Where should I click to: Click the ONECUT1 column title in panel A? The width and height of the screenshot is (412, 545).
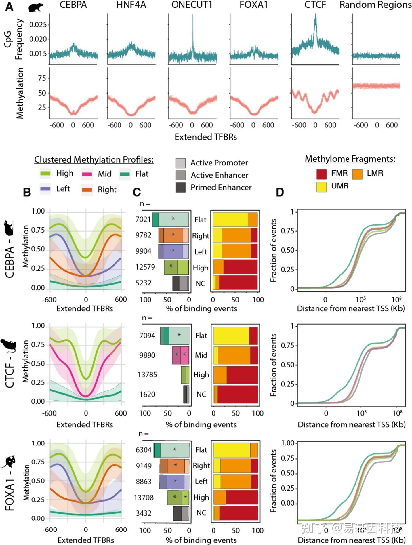point(192,5)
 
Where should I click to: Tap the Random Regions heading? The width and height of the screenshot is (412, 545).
point(375,5)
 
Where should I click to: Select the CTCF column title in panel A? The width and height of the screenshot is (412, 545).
point(315,5)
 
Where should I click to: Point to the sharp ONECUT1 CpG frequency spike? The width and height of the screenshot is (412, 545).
point(193,29)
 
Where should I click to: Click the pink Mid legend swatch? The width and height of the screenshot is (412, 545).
point(87,174)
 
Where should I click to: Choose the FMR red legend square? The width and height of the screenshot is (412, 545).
point(321,174)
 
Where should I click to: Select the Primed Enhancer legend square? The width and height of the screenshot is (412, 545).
point(180,188)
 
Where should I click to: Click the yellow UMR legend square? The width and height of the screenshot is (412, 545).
point(321,186)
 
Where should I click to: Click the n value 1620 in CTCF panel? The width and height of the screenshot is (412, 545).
point(147,394)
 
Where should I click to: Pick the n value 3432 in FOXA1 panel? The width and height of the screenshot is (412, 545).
point(143,513)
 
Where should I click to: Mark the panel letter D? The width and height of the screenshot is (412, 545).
point(280,192)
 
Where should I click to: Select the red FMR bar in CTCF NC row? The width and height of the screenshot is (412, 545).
point(237,394)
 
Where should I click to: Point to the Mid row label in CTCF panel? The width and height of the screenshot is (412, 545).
point(201,355)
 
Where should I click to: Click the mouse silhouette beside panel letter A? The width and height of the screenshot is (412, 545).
point(36,7)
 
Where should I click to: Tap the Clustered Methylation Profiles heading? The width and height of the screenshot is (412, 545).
point(94,159)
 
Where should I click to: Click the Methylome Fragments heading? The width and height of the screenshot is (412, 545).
point(350,159)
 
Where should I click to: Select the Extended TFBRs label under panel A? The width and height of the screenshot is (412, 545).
point(206,137)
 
